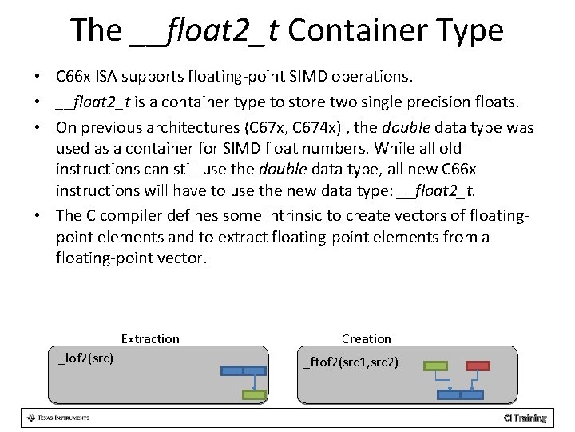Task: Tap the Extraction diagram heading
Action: pyautogui.click(x=150, y=338)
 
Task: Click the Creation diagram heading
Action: pyautogui.click(x=367, y=338)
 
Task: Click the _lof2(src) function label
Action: pyautogui.click(x=86, y=358)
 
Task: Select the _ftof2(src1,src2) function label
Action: pyautogui.click(x=351, y=363)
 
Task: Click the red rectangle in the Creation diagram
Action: pyautogui.click(x=478, y=366)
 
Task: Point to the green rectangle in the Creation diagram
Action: pyautogui.click(x=435, y=366)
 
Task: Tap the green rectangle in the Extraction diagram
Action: pyautogui.click(x=254, y=394)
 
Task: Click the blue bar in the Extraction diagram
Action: pyautogui.click(x=243, y=370)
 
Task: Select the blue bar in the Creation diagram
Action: pyautogui.click(x=461, y=394)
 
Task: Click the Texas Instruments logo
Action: pyautogui.click(x=58, y=418)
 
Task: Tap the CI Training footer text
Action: pyautogui.click(x=525, y=418)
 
